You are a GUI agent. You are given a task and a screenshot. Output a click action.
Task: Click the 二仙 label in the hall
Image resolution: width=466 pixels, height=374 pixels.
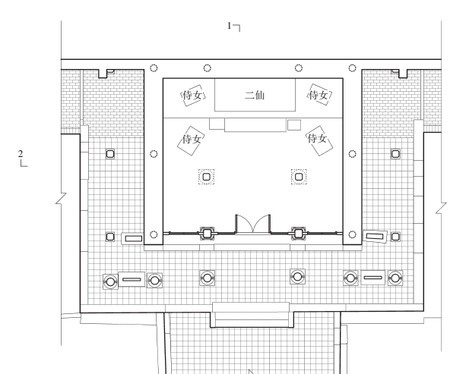click(255, 95)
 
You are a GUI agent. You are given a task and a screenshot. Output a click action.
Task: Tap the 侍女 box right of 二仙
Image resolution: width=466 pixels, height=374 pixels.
click(317, 95)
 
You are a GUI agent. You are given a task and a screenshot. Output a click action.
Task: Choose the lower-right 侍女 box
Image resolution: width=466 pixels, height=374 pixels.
click(315, 138)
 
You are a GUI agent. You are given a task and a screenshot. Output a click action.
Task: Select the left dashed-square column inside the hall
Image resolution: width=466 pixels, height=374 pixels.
click(205, 177)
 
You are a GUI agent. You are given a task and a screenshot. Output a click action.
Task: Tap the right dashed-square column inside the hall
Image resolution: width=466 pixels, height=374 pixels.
click(300, 177)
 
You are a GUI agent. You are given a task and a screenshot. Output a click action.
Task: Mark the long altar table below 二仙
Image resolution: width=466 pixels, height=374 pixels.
click(255, 125)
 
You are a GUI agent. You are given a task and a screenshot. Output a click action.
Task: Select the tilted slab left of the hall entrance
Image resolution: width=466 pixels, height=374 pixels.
click(132, 238)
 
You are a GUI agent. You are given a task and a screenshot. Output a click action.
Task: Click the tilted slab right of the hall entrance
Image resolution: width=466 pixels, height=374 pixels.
click(375, 237)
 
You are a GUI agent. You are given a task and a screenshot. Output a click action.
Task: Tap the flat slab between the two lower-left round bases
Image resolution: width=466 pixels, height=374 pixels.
click(132, 280)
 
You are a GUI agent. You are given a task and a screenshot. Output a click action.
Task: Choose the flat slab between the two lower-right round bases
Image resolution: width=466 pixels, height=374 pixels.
click(372, 278)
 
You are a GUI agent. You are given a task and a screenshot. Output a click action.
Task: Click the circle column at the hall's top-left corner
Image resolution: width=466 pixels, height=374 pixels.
click(153, 68)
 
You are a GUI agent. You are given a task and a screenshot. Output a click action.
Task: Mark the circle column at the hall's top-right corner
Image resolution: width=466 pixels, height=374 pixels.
click(351, 68)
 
